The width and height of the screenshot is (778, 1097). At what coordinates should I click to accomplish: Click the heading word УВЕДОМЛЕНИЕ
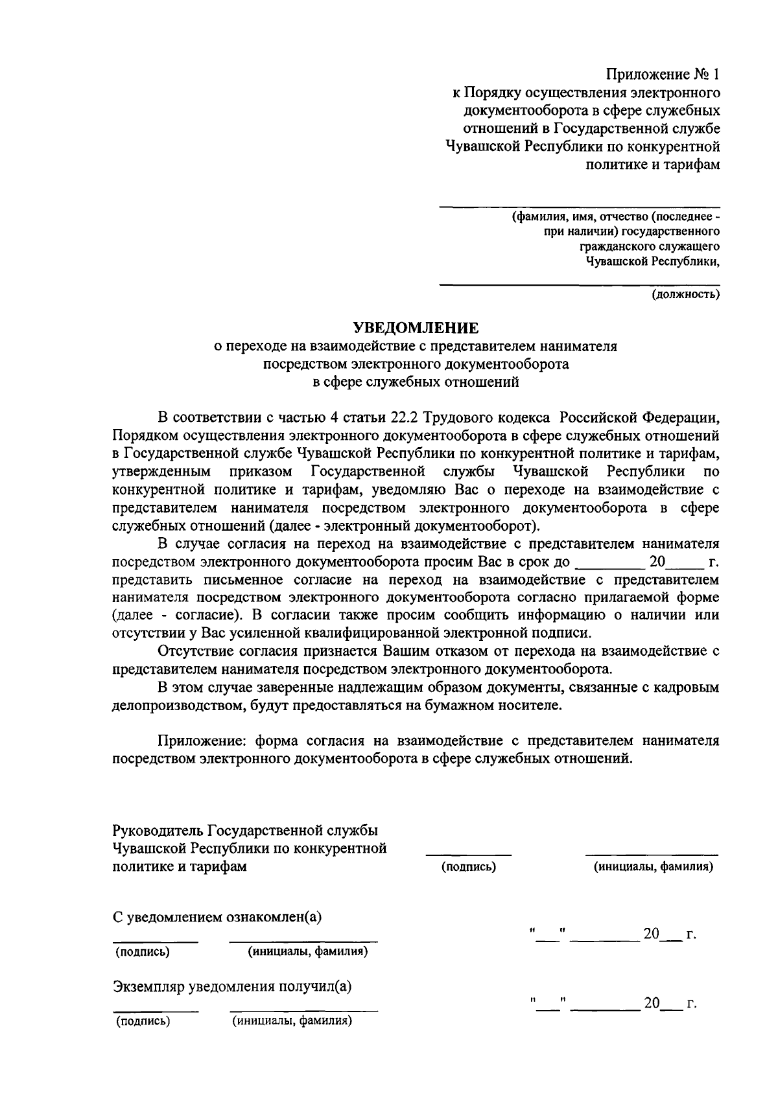(415, 328)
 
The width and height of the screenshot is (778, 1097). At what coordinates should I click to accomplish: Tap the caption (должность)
(685, 295)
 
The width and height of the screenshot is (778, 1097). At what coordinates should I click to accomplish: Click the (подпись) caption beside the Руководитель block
(469, 867)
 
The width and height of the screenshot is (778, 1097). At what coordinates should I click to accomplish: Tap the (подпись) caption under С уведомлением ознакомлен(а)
(143, 952)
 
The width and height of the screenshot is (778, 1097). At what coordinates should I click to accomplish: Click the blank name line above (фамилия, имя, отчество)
(580, 207)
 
